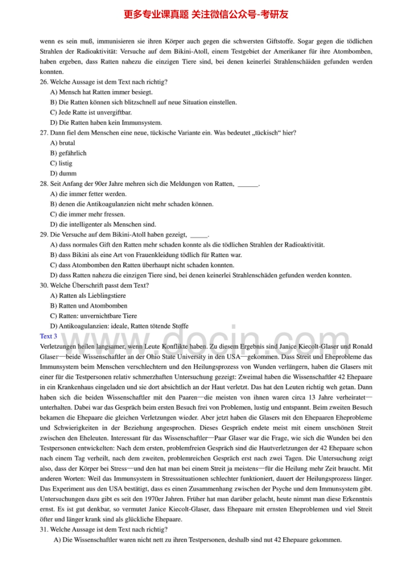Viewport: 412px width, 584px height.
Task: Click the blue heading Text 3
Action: (x=48, y=336)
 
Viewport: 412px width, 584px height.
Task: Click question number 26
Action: (x=44, y=82)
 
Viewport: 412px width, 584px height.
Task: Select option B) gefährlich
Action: (x=68, y=153)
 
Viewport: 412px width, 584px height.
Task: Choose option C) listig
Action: (x=61, y=163)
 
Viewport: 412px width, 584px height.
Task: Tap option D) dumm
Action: (x=63, y=173)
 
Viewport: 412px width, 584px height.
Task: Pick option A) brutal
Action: (x=62, y=143)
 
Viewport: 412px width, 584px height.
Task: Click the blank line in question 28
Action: (x=248, y=184)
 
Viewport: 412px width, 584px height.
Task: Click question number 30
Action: (x=44, y=285)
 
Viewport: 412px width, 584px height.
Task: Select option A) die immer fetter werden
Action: (x=88, y=194)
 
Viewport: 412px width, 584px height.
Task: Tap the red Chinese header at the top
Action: (x=206, y=15)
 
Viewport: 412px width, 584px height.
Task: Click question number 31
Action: (x=44, y=529)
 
